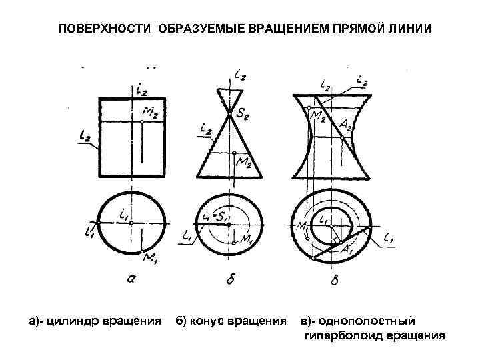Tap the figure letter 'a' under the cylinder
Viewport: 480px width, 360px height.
point(131,280)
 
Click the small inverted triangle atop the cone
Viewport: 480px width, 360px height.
point(229,100)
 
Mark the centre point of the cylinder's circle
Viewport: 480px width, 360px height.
point(132,225)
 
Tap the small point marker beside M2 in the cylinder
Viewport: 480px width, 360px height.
point(142,123)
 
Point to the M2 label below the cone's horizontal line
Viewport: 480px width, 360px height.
point(245,162)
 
